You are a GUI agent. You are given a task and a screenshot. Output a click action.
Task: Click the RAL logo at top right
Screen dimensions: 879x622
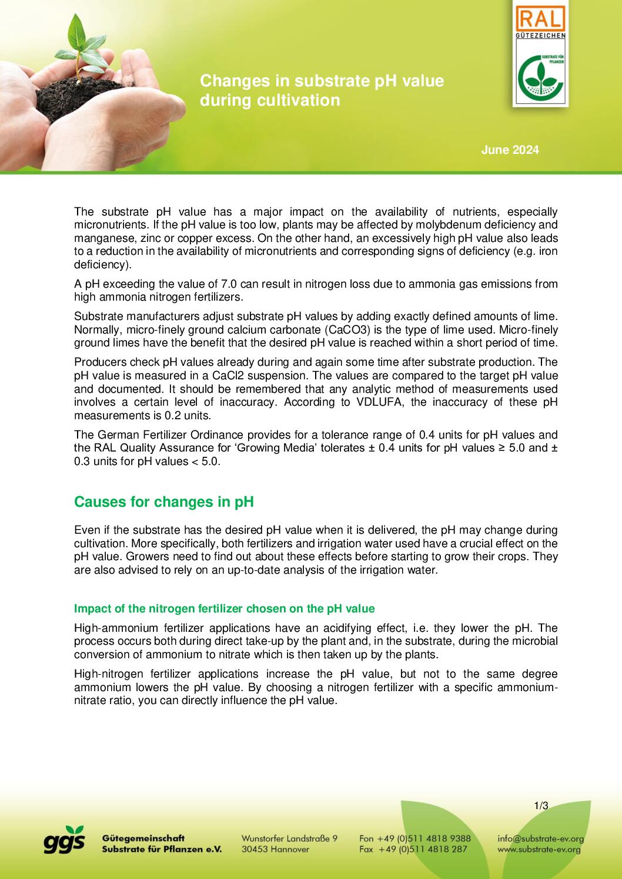(540, 21)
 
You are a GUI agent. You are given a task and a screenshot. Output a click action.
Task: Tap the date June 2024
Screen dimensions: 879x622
(510, 150)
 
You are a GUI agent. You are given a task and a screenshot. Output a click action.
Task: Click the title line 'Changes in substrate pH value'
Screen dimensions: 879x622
(322, 80)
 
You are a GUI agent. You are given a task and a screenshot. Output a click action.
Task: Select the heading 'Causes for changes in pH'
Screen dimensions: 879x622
(163, 502)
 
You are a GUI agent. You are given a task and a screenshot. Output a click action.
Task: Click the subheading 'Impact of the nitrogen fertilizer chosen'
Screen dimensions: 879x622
(224, 608)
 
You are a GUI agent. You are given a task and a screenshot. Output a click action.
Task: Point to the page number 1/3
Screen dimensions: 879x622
(541, 806)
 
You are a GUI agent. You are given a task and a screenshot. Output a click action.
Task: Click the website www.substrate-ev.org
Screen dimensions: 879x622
(539, 849)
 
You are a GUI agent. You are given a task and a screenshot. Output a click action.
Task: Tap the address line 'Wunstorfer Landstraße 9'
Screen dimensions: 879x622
(289, 838)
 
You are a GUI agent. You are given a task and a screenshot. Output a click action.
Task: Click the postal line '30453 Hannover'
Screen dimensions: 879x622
(275, 849)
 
